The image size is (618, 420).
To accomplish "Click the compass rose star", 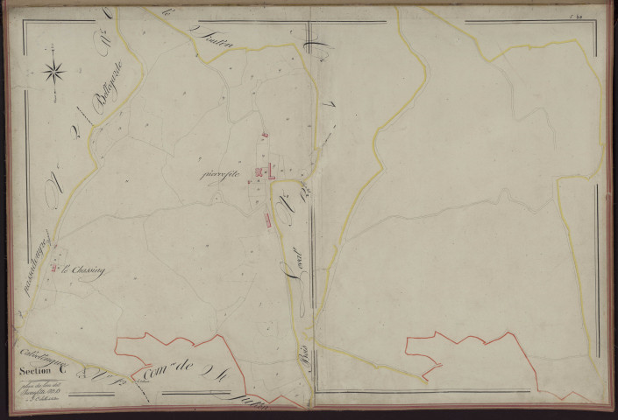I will (x=53, y=70).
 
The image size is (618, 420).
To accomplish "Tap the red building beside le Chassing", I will (x=54, y=269).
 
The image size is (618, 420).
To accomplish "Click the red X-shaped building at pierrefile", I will (x=258, y=171).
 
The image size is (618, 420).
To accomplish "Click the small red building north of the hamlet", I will (x=262, y=136).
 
